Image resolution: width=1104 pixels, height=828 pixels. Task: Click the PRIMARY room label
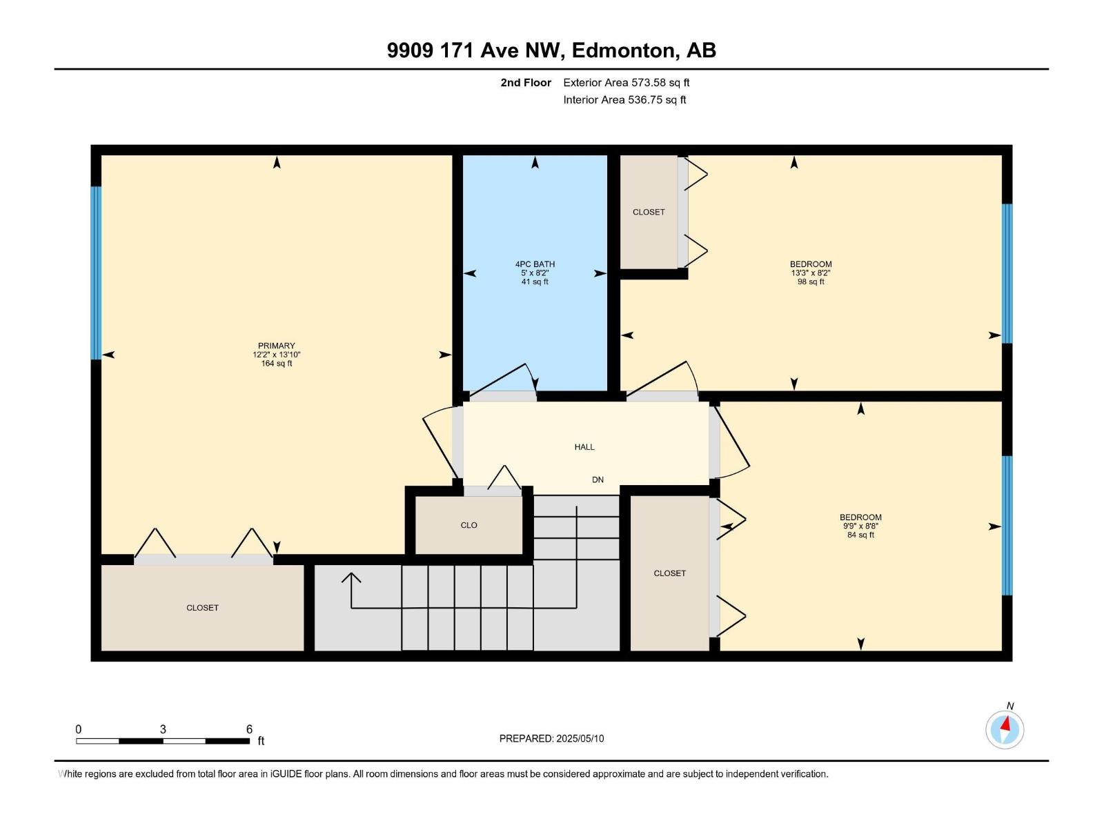(276, 346)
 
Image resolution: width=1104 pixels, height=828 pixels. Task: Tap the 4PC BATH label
(535, 264)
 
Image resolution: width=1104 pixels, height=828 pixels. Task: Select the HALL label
(584, 447)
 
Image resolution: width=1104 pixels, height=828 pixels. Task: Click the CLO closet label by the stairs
(469, 525)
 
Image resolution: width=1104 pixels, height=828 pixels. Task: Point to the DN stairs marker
(598, 480)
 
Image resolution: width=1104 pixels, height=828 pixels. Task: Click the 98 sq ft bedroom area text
(811, 282)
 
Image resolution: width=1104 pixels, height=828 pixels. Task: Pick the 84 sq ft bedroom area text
(860, 535)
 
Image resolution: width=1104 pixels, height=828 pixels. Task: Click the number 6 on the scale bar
(249, 729)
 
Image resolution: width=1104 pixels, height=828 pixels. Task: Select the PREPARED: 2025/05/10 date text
(551, 738)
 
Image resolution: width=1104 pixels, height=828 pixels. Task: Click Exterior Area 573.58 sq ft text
(626, 82)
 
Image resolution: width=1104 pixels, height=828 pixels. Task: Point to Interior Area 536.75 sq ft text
(624, 99)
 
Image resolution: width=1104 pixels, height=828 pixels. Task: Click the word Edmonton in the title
(622, 50)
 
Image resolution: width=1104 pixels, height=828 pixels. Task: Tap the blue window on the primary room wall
(97, 273)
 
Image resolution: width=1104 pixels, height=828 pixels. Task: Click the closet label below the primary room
(202, 608)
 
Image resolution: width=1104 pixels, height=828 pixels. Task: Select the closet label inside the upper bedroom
(649, 212)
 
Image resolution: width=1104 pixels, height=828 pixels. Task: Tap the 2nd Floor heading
(526, 82)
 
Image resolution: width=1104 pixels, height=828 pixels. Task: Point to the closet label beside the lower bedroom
(669, 573)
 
